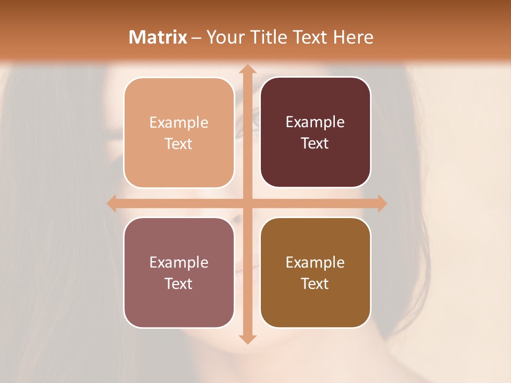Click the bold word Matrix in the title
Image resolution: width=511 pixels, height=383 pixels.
tap(158, 37)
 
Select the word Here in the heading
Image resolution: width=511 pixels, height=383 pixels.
tap(353, 37)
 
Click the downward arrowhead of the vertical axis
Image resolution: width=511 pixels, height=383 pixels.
tap(247, 339)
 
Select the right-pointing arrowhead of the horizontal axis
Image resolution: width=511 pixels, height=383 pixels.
tap(382, 203)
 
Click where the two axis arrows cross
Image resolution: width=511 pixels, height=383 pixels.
tap(247, 203)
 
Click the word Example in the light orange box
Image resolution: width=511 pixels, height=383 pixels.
tap(179, 122)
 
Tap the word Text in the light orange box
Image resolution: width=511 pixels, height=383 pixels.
tap(179, 144)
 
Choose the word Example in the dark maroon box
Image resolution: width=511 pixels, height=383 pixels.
tap(315, 122)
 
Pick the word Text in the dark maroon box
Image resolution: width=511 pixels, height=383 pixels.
tap(315, 143)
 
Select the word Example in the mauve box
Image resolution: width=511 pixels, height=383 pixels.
tap(179, 262)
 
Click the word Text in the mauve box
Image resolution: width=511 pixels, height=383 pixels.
tap(179, 284)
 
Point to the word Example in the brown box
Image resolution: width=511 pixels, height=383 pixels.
tap(315, 262)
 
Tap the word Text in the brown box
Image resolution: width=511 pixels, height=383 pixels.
tap(315, 284)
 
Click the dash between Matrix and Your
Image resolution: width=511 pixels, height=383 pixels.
tap(197, 38)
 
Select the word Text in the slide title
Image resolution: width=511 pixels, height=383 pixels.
tap(311, 37)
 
